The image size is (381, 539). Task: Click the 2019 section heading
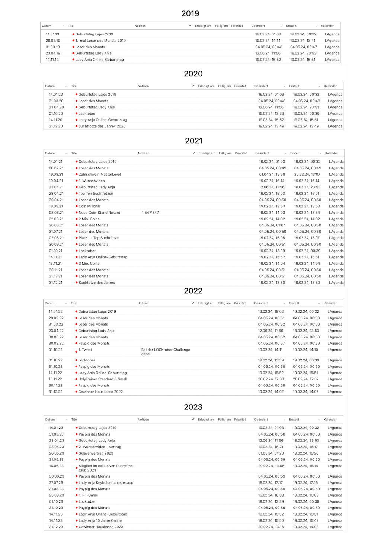point(190,13)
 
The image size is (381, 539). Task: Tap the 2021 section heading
point(193,141)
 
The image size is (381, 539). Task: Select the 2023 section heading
point(193,407)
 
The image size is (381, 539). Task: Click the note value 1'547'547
point(150,213)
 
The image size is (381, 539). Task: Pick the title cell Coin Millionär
point(89,206)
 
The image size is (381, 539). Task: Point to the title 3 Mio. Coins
point(89,264)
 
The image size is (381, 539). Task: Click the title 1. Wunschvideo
point(92,181)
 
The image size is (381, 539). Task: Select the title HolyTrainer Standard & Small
point(102,379)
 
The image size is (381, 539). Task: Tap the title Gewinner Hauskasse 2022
point(100,392)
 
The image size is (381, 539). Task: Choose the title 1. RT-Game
point(88,495)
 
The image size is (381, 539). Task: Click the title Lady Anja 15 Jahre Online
point(100,520)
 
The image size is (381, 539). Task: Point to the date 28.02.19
point(53,41)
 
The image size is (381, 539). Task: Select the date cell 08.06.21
point(56,213)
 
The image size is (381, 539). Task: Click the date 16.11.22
point(55,379)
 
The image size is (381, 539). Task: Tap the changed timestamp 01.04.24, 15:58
point(272,174)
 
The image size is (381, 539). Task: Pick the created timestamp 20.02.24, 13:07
point(307,174)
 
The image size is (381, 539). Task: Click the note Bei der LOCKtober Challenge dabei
point(165,352)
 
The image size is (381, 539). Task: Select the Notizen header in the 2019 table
point(140,26)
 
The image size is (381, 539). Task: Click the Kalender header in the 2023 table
point(330,419)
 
